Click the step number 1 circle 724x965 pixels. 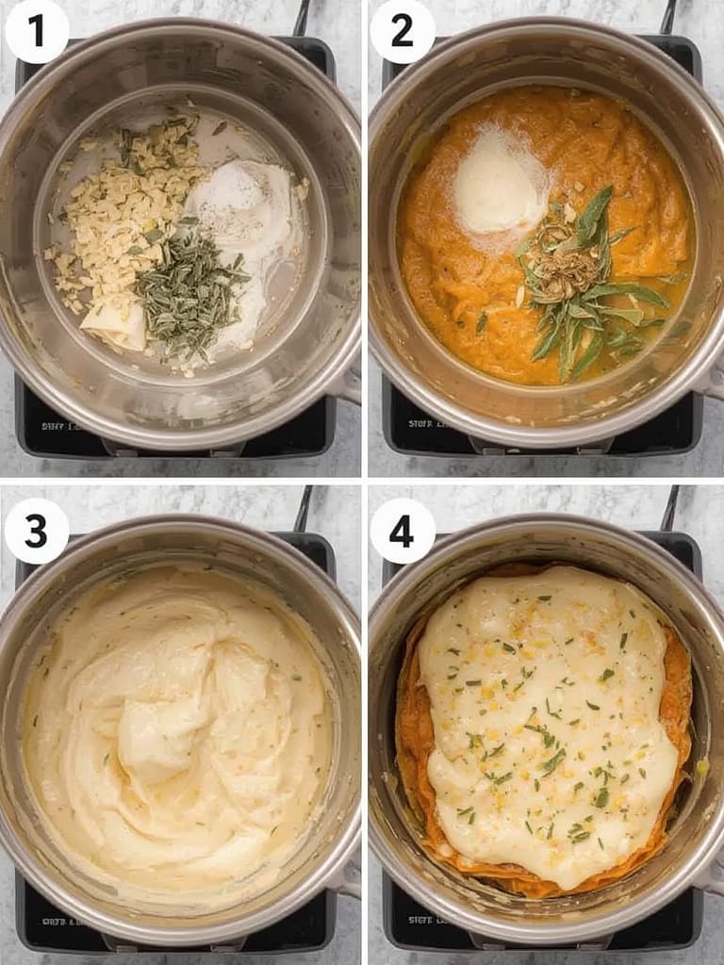point(37,31)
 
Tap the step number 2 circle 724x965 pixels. point(403,31)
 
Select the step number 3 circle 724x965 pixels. point(37,532)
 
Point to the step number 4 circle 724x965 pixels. point(403,532)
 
